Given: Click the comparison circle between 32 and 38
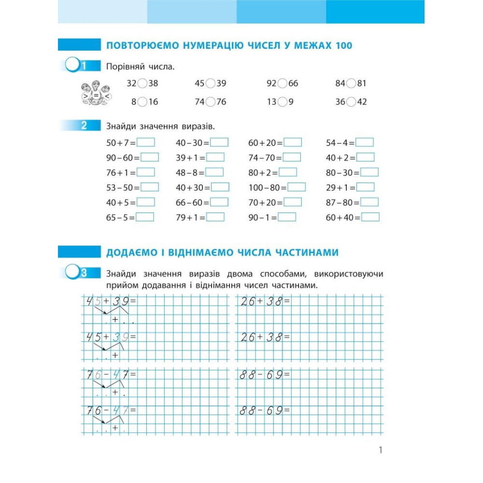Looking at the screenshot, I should tap(142, 84).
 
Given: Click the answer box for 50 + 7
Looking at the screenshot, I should tap(146, 142).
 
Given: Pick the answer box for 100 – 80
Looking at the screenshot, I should tap(297, 187).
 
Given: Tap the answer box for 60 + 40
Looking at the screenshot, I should tap(370, 217).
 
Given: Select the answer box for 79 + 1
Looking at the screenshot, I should tap(215, 217).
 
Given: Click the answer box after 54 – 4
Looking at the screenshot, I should tap(365, 142).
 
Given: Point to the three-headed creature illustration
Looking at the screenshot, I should tap(96, 93).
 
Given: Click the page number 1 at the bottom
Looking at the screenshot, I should tap(381, 450).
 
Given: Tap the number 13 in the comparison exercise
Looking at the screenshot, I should tap(271, 102).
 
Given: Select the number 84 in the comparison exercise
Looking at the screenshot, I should tap(341, 84).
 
